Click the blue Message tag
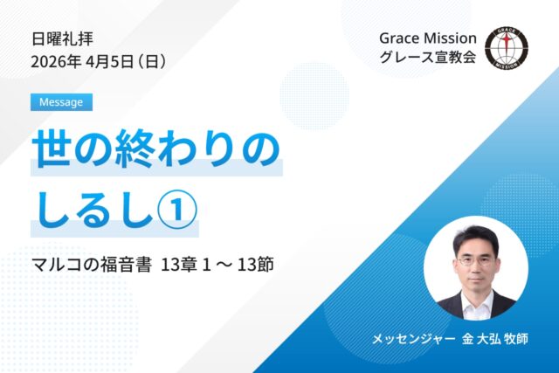61,102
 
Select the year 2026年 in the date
54,62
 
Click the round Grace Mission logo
507,49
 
